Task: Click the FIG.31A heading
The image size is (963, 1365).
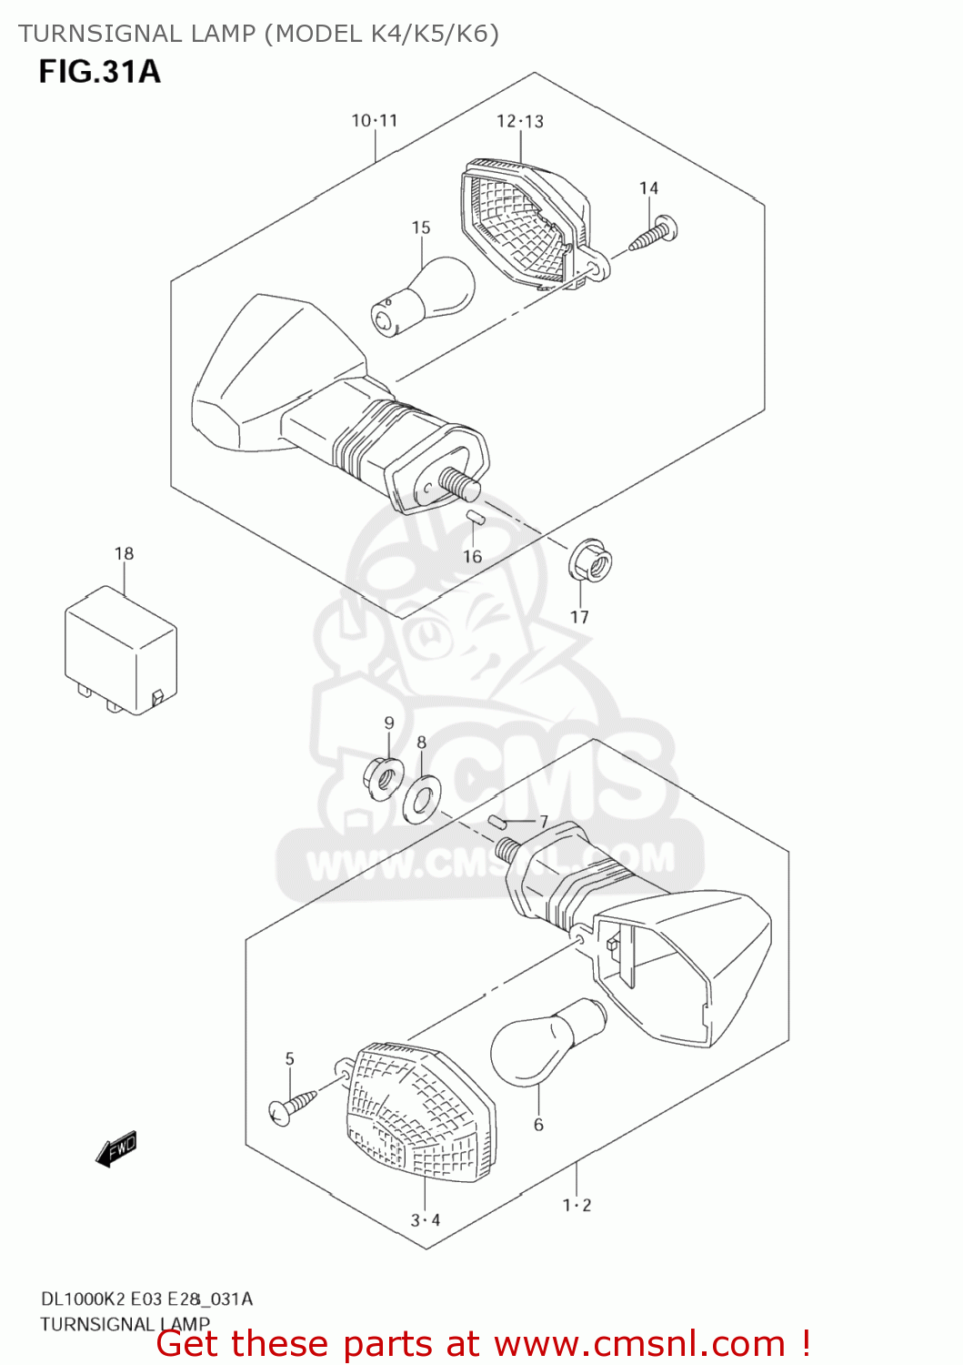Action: [99, 72]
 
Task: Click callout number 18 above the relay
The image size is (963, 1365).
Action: [124, 553]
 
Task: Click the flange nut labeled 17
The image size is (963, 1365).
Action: [591, 564]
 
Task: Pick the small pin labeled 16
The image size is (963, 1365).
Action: [473, 518]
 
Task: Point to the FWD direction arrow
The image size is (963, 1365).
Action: [116, 1148]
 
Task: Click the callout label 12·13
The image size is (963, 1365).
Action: [520, 121]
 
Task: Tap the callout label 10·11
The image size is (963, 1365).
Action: [375, 120]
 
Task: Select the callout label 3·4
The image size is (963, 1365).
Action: [425, 1219]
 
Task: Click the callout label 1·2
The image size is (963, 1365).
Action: [577, 1205]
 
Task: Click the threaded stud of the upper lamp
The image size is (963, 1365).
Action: [460, 484]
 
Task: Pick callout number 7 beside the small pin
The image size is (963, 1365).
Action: [543, 822]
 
